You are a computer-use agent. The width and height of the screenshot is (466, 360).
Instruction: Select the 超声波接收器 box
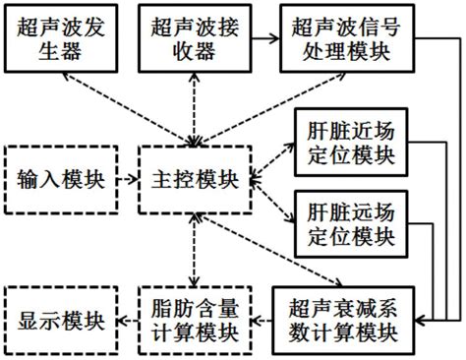coord(196,36)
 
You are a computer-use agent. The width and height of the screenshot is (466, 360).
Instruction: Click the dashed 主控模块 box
coord(195,180)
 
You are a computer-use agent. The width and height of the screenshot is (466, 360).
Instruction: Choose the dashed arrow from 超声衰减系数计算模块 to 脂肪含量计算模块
coord(261,320)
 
